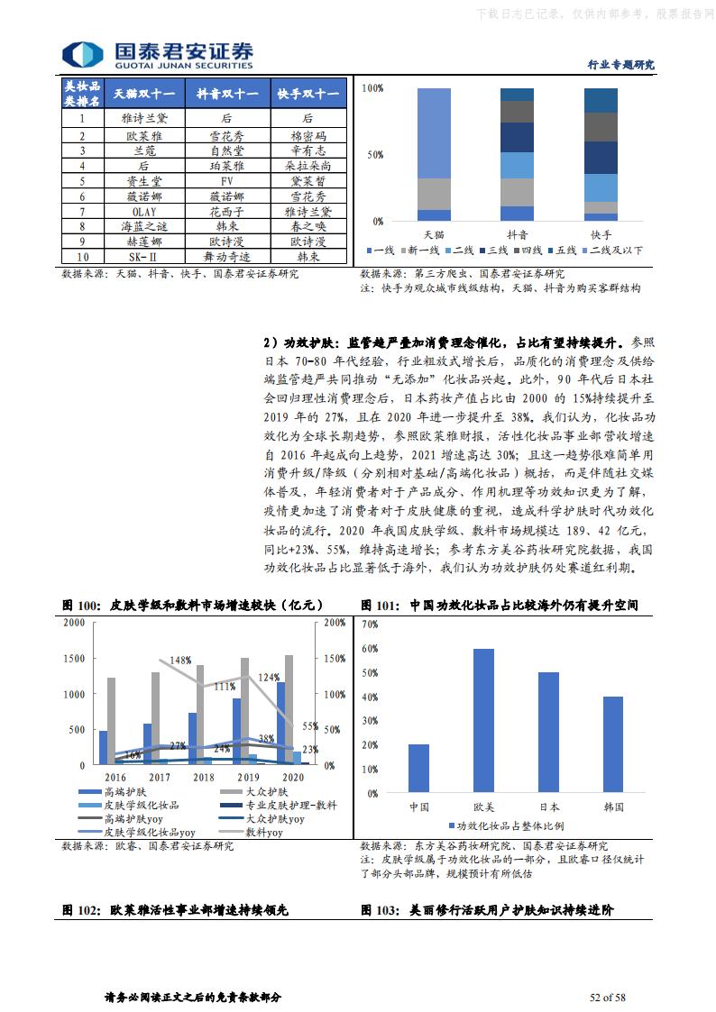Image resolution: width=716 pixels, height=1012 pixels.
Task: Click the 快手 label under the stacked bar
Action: click(601, 233)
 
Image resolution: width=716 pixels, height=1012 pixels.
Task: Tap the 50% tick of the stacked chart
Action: click(372, 155)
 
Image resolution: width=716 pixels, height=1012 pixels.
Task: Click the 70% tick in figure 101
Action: click(370, 623)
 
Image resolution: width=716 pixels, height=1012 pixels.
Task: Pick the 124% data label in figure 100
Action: click(268, 677)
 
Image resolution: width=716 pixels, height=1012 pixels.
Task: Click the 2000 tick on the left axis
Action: click(75, 623)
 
